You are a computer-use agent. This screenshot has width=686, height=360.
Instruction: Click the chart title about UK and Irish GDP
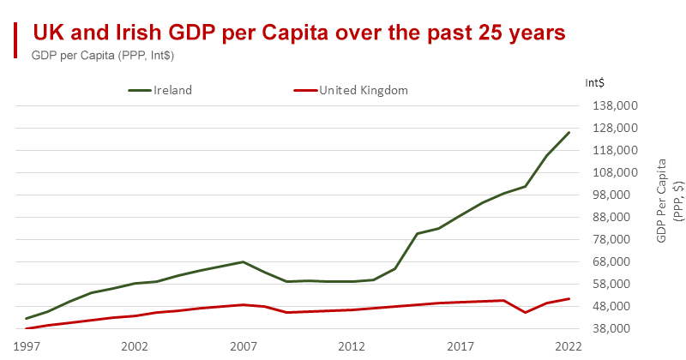point(298,33)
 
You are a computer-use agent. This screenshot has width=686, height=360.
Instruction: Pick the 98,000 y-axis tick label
point(617,195)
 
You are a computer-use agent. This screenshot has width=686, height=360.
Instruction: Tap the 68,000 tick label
point(617,261)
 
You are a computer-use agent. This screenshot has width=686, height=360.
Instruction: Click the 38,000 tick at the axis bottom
point(617,328)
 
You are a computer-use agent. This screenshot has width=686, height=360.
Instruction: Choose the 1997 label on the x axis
point(27,346)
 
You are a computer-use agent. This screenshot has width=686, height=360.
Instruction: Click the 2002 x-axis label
point(135,346)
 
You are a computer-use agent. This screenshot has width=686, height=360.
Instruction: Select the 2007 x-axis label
point(244,346)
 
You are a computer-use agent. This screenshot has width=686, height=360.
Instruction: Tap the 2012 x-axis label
point(352,346)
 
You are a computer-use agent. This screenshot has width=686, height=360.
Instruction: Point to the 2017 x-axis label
point(460,346)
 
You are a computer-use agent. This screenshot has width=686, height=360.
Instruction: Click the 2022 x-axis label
point(568,346)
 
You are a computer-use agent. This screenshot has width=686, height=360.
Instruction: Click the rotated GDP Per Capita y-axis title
point(666,200)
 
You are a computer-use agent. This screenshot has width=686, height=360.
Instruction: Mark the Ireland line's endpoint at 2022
point(569,132)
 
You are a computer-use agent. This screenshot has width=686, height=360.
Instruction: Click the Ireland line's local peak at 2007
point(244,261)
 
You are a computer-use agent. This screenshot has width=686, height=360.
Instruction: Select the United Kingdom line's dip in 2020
point(525,313)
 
